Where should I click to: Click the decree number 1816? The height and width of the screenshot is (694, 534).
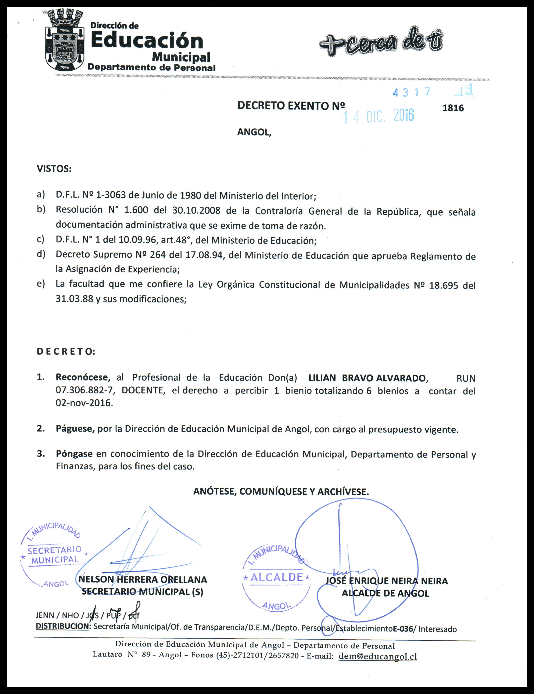point(453,108)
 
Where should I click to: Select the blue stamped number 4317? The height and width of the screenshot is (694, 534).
point(412,92)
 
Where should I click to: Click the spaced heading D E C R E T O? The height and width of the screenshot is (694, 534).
point(66,352)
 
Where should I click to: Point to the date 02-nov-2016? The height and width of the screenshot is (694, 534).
point(84,403)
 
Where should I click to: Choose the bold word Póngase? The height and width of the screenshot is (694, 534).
point(74,454)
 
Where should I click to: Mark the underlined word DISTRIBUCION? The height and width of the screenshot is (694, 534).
point(62,626)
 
